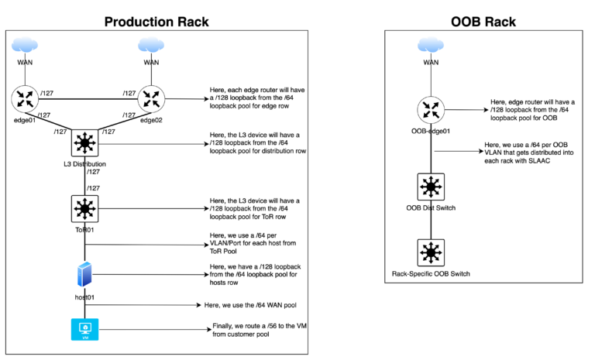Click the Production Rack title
click(x=158, y=20)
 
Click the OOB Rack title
click(x=484, y=20)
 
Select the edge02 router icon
click(x=151, y=98)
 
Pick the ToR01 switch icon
click(x=84, y=208)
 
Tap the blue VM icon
click(x=84, y=330)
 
